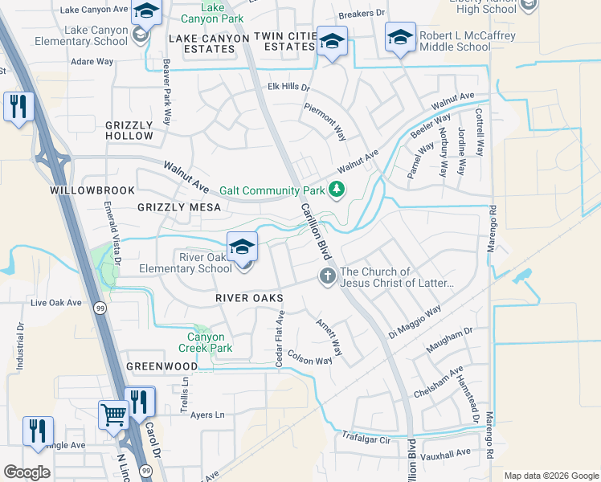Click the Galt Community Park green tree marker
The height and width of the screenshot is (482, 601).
tap(337, 190)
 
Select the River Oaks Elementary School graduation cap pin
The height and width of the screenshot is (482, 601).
tap(242, 246)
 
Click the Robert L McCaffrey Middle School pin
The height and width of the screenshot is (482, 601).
tap(400, 37)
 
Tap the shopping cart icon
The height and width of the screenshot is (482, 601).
tap(113, 415)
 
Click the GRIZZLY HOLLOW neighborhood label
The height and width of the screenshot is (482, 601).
tap(129, 130)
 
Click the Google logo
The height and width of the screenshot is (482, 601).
tap(27, 472)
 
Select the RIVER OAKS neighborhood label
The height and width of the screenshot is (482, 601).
tap(249, 298)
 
